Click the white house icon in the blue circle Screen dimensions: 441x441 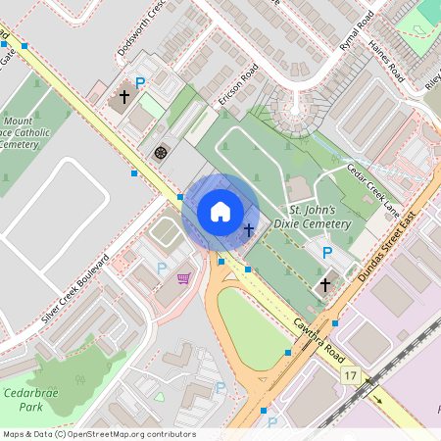tap(220, 211)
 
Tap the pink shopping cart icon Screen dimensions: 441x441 tap(183, 277)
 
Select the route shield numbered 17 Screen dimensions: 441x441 tap(351, 375)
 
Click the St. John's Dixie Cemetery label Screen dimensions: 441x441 tap(318, 218)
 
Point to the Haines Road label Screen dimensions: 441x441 tap(386, 60)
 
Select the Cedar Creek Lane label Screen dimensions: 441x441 tap(373, 189)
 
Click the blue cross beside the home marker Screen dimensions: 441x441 tap(249, 229)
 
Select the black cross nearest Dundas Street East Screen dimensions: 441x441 tap(325, 284)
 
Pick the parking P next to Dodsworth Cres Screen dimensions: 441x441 tap(140, 84)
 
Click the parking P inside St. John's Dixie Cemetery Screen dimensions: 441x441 tap(327, 253)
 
